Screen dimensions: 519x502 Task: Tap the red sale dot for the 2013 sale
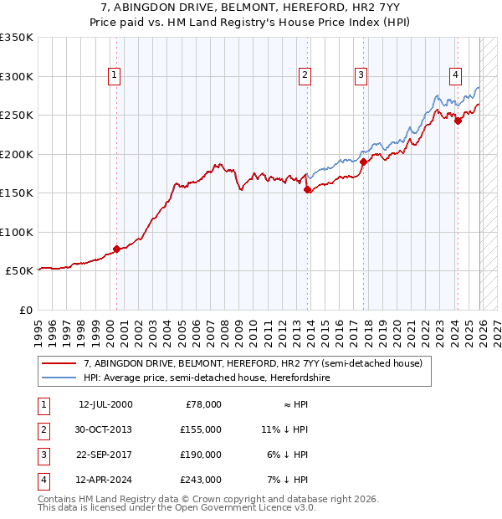click(307, 190)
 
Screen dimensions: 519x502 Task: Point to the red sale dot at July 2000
click(116, 249)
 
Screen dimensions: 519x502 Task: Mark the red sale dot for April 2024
click(458, 121)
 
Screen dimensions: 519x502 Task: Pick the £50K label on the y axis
click(20, 271)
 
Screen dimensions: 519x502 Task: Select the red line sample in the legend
click(59, 363)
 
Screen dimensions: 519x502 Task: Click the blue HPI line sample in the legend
click(59, 378)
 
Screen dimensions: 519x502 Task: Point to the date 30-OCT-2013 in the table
click(105, 429)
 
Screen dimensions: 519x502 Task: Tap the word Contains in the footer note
click(59, 499)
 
